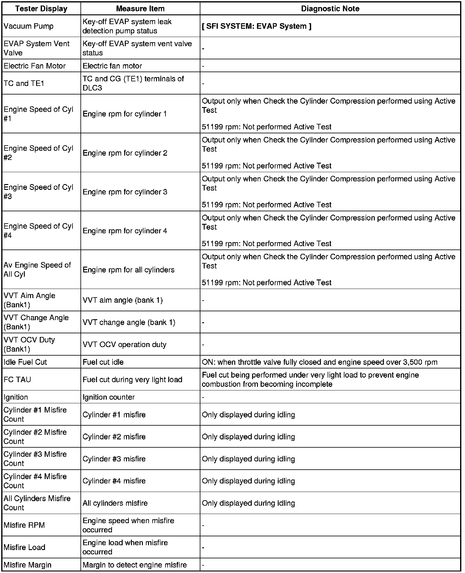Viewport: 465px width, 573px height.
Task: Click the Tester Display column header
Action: [41, 9]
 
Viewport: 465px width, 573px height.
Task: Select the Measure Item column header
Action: [140, 9]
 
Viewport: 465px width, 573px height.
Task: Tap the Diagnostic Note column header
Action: [330, 9]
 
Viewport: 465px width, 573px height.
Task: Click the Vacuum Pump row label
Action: [28, 26]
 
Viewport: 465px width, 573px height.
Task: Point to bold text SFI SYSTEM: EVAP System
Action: [257, 26]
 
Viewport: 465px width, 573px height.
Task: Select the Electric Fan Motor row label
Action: [35, 66]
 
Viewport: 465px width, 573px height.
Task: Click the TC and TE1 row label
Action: [24, 83]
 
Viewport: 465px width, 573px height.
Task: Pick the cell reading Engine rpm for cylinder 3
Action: [125, 192]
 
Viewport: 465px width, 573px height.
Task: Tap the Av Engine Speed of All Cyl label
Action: [37, 270]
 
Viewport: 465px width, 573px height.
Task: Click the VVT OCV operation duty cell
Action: [125, 345]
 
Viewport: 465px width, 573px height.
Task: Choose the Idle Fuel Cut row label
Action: [25, 362]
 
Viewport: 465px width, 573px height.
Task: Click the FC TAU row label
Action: [17, 379]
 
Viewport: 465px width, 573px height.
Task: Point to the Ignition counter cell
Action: [109, 397]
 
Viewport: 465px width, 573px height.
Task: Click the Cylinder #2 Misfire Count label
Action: [35, 437]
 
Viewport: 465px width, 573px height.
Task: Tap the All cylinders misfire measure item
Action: [115, 503]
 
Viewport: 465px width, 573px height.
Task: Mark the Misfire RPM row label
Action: [24, 525]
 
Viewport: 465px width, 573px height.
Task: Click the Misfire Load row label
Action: [24, 547]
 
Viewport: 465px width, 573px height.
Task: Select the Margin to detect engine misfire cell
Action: [135, 565]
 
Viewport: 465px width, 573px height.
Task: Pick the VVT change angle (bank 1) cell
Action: [129, 322]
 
